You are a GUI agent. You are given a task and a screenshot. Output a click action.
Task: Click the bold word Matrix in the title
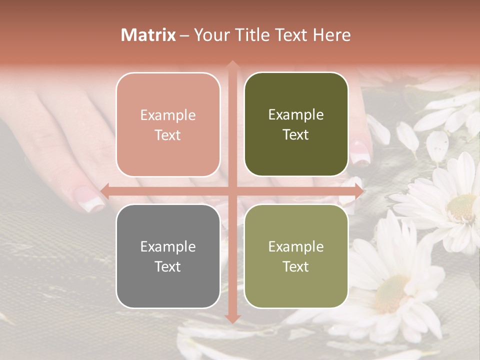(x=148, y=35)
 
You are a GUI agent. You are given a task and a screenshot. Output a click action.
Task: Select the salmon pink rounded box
(x=168, y=124)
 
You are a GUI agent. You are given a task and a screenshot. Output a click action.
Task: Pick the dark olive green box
(x=296, y=124)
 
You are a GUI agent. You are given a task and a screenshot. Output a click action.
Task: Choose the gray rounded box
(x=168, y=256)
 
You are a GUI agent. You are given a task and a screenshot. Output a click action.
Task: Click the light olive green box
(x=296, y=256)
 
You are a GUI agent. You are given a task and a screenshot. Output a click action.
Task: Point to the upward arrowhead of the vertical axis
(x=232, y=64)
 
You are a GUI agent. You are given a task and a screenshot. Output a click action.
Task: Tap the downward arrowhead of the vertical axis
(x=232, y=318)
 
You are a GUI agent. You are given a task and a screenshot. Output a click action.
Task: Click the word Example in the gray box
(x=168, y=246)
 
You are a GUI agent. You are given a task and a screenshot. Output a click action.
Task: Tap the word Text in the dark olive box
(x=296, y=135)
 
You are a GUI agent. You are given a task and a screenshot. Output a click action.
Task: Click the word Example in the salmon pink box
(x=168, y=115)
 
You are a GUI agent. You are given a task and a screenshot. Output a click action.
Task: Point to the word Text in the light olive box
(x=296, y=266)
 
